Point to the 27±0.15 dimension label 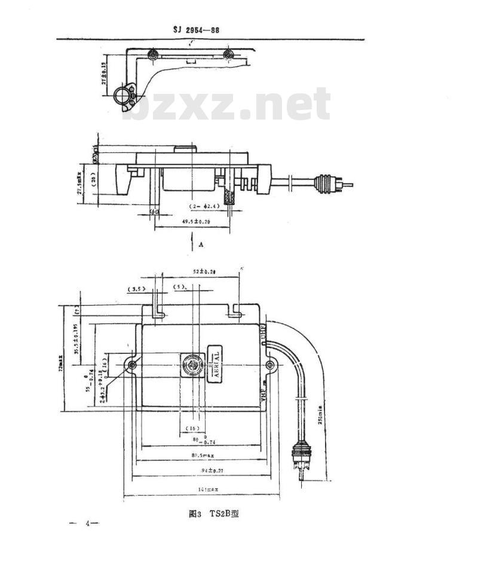click(x=103, y=75)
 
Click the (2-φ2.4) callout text click(x=205, y=206)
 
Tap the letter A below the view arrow click(x=201, y=245)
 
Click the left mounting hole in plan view click(x=132, y=365)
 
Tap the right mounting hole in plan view click(x=270, y=365)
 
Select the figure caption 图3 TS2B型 click(x=213, y=514)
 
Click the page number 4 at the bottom click(x=87, y=524)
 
